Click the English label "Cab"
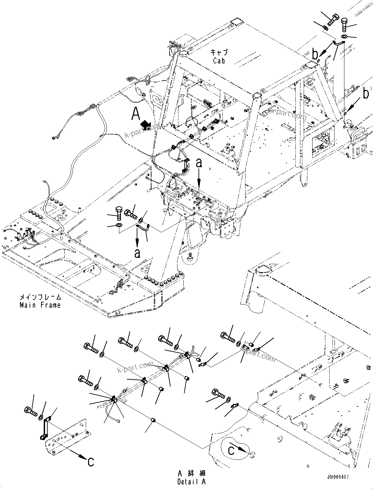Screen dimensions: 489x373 pyautogui.click(x=219, y=60)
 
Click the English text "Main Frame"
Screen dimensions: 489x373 pyautogui.click(x=40, y=305)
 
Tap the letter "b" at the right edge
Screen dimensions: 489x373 pyautogui.click(x=366, y=94)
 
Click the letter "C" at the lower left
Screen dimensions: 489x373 pyautogui.click(x=91, y=462)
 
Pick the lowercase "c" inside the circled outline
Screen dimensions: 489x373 pyautogui.click(x=231, y=451)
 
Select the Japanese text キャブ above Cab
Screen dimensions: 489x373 pyautogui.click(x=219, y=52)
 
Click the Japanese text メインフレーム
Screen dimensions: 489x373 pyautogui.click(x=40, y=297)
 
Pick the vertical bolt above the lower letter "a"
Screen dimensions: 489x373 pyautogui.click(x=119, y=213)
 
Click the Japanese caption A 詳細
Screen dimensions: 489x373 pyautogui.click(x=192, y=474)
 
